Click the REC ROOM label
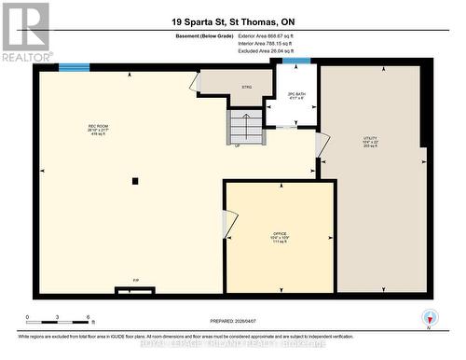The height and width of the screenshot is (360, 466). coord(92,127)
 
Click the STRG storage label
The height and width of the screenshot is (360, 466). coord(247,87)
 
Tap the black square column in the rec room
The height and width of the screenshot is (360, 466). coord(135,181)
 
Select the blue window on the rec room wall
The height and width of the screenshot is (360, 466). coord(74,67)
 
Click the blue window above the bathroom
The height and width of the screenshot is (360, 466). coord(296,62)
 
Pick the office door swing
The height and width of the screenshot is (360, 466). coord(229,224)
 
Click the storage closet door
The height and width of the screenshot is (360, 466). coord(196,83)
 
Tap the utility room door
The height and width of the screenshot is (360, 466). coord(322,145)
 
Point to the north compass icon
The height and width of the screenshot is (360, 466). coord(429,316)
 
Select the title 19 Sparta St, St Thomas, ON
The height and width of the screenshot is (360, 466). coord(233,21)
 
